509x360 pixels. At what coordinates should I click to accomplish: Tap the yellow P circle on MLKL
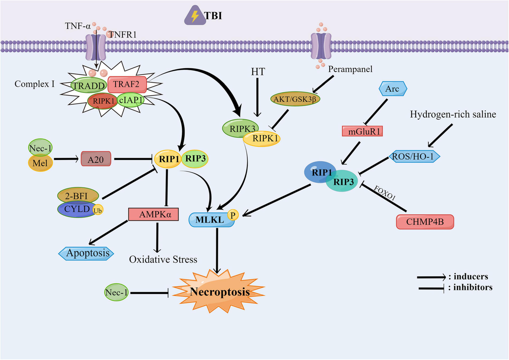click(232, 215)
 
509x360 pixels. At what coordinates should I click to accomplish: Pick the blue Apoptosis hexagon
click(86, 253)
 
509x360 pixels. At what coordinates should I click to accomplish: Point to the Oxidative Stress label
click(163, 259)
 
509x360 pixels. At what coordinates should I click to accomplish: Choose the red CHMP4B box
click(425, 222)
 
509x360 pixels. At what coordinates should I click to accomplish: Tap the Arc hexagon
click(392, 89)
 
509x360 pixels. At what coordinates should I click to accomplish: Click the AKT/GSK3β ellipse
click(295, 98)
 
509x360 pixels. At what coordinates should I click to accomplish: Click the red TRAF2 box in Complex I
click(127, 84)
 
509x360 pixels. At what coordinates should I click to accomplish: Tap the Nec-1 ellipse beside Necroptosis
click(117, 292)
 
